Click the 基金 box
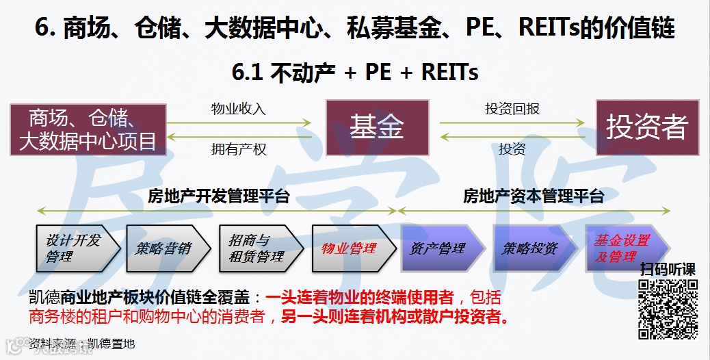[377, 127]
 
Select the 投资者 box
[646, 127]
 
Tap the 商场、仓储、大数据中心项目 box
[88, 129]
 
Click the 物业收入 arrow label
[238, 109]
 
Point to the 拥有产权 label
[238, 149]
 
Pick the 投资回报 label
[512, 109]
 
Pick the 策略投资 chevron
[531, 248]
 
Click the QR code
[667, 309]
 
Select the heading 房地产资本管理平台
[534, 197]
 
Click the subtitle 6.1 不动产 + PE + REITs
[355, 72]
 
